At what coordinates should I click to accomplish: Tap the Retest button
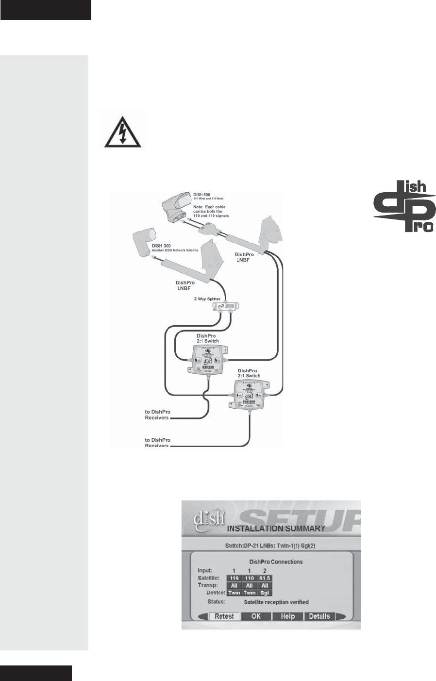click(224, 616)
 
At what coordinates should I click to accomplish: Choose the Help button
click(287, 616)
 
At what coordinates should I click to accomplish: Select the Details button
click(319, 616)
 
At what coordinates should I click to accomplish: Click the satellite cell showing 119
click(234, 578)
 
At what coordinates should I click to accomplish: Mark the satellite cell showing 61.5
click(265, 578)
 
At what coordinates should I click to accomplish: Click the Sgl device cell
click(265, 593)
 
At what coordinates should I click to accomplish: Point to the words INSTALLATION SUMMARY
click(276, 528)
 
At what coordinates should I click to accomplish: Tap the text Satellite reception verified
click(276, 602)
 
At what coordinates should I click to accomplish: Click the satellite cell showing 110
click(249, 578)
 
